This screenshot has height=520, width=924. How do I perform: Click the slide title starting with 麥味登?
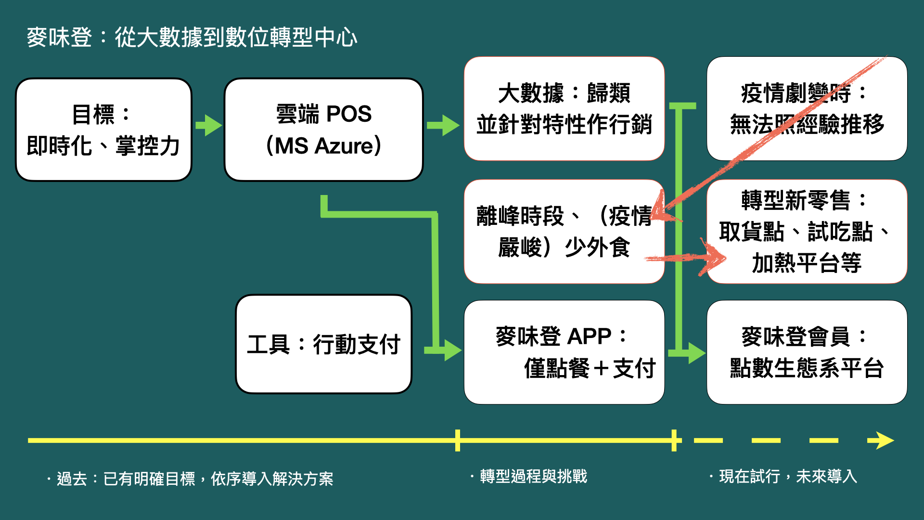point(192,38)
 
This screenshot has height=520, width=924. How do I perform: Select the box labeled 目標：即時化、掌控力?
point(103,130)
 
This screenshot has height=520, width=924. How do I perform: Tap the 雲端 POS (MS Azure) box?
point(323,130)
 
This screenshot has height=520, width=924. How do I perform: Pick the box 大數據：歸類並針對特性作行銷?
point(564,109)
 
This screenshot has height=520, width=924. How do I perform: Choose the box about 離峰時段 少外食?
point(564,232)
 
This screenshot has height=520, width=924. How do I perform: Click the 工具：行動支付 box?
point(323,344)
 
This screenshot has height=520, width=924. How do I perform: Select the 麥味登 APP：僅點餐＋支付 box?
point(564,352)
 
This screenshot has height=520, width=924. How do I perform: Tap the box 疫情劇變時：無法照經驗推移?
point(807,109)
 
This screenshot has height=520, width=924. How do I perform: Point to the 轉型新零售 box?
point(807,232)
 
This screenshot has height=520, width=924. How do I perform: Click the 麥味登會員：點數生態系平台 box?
point(807,352)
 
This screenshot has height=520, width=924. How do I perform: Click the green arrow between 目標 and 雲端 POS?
point(209,126)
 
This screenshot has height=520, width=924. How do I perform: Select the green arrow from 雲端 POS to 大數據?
point(443,126)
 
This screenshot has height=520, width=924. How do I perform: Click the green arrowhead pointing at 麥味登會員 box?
point(696,353)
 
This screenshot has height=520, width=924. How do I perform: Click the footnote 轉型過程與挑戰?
point(533,477)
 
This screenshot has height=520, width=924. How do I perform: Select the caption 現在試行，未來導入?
point(787,477)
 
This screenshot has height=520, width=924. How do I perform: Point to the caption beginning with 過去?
point(194,479)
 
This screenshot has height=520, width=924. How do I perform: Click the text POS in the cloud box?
point(348,115)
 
